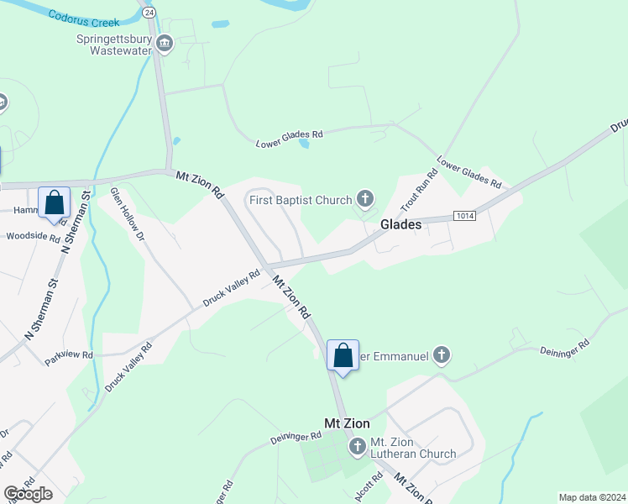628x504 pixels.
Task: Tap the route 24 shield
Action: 149,13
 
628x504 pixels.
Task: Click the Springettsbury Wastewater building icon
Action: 165,43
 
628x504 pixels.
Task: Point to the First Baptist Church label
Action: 300,200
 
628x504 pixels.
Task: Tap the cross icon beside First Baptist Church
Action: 364,199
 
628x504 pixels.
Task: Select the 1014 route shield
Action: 465,217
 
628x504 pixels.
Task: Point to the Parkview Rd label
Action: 68,355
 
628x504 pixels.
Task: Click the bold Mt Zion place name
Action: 347,423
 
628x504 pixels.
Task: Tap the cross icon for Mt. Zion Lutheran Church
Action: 357,446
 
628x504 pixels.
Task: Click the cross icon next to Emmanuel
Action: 442,356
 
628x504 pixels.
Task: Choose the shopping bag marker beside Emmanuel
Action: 343,356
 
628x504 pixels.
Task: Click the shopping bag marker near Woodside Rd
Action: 55,203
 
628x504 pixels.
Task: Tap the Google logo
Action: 28,494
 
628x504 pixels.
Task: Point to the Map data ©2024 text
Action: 592,497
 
